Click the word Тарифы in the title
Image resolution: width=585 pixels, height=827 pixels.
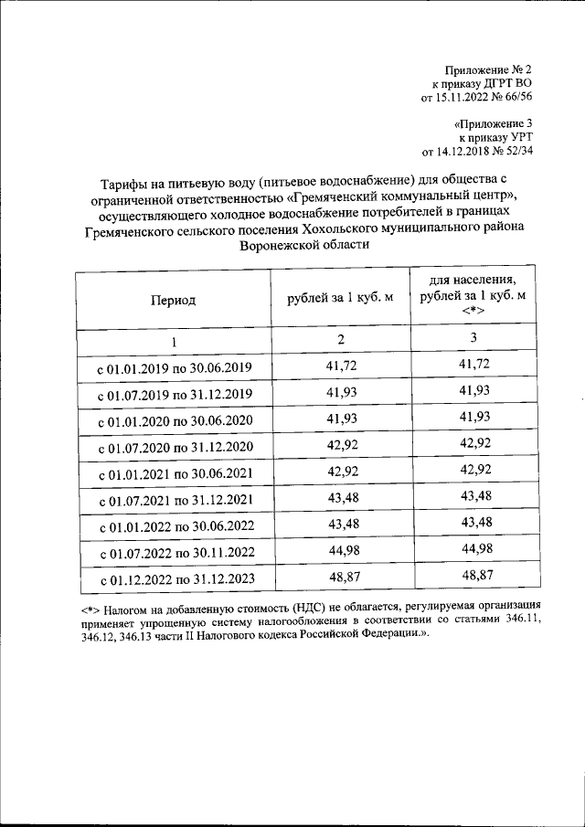click(120, 179)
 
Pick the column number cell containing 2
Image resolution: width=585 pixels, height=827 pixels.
click(340, 340)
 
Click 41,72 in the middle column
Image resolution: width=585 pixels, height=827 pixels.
click(340, 366)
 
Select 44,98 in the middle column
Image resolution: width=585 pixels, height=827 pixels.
click(340, 549)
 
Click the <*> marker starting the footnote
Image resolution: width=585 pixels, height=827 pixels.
click(89, 608)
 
